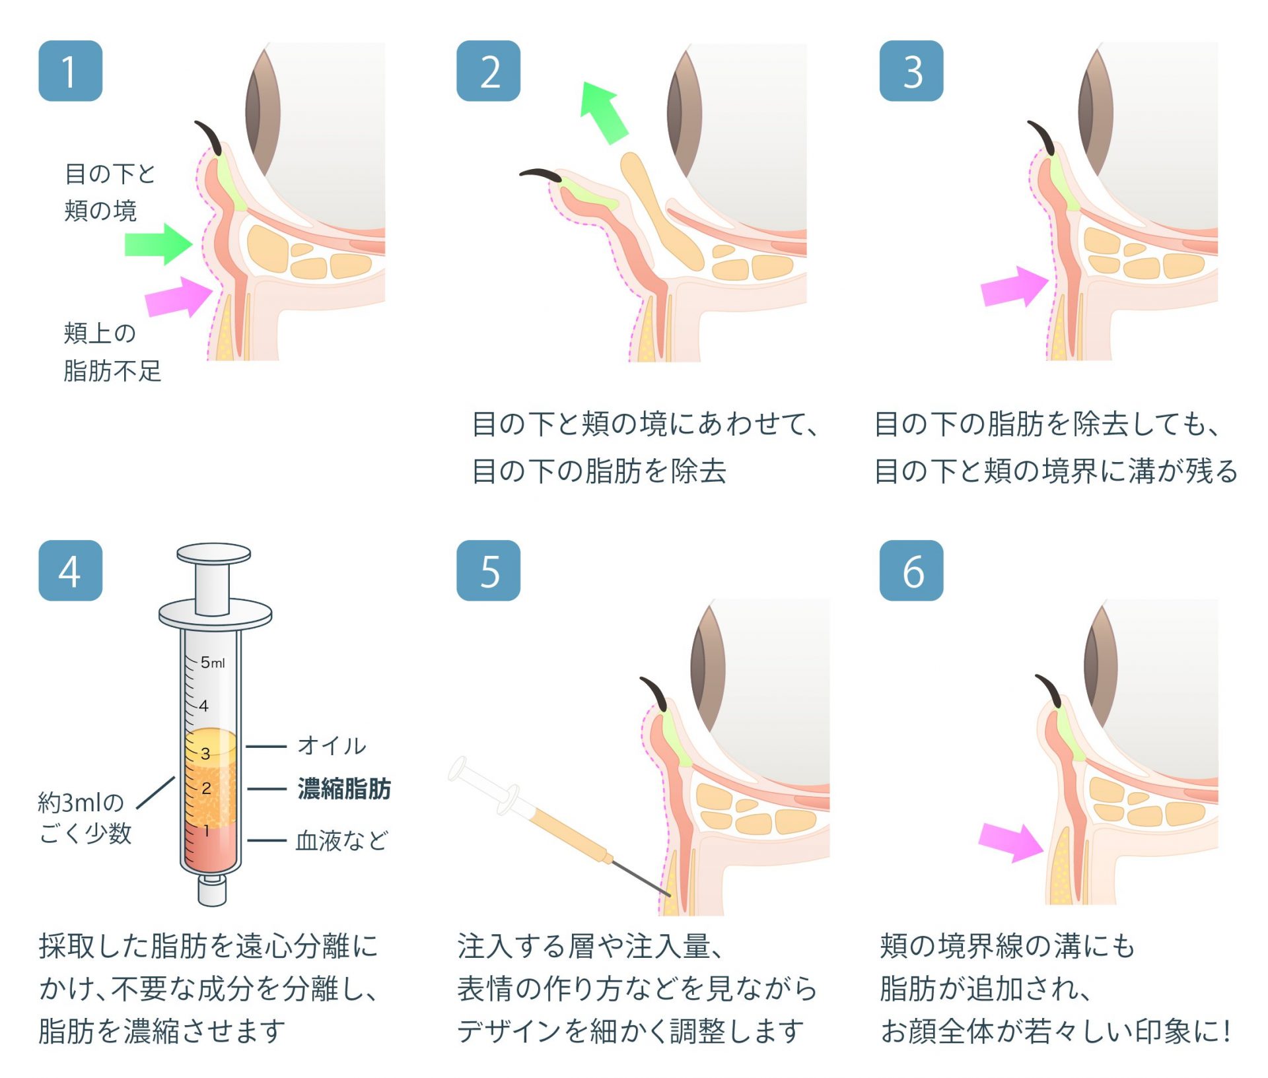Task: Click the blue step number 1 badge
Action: point(71,71)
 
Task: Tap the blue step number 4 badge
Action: point(71,570)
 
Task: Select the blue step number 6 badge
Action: point(911,570)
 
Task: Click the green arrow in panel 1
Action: point(158,244)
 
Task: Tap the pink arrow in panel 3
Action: point(1014,287)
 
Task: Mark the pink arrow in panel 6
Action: point(1011,842)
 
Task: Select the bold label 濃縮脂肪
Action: point(344,788)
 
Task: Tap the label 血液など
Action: point(341,840)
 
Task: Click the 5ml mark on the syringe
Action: point(213,662)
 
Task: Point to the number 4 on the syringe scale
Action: point(203,706)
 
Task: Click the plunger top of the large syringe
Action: point(213,553)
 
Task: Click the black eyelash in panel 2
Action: point(541,174)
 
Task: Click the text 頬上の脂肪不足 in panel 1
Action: point(112,352)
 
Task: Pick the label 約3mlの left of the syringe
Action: point(81,803)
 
